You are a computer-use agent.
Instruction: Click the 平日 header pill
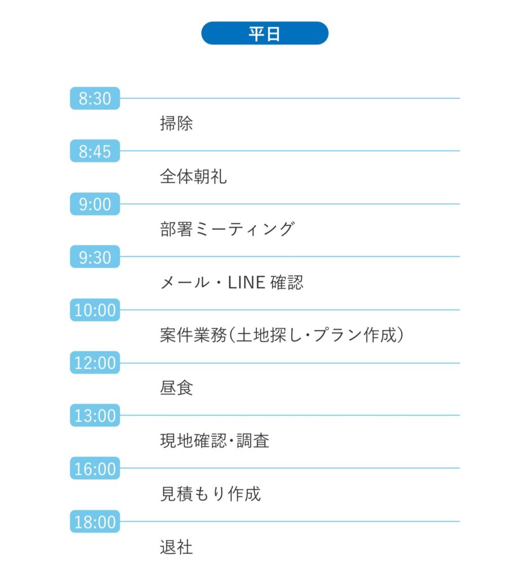point(265,33)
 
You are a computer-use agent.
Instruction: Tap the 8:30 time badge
point(95,98)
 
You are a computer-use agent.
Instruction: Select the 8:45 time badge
point(95,151)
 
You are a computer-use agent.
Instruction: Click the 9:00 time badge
point(95,204)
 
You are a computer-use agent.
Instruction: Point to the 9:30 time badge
point(95,257)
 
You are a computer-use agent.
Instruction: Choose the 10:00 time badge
point(95,310)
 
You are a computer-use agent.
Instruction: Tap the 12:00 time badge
point(95,363)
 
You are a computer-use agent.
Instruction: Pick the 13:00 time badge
point(95,415)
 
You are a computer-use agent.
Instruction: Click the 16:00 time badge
point(95,468)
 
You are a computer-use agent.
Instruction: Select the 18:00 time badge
point(95,522)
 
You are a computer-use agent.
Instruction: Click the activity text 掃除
point(176,124)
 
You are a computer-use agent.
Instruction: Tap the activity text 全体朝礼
point(193,176)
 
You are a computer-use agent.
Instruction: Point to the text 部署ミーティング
point(227,229)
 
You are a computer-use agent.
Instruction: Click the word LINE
point(247,283)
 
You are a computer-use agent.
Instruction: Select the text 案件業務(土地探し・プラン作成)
point(282,335)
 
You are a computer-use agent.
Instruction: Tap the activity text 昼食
point(176,388)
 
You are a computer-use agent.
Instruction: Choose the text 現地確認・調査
point(214,441)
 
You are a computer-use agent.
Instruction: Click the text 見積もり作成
point(211,494)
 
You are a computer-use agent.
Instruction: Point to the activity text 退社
point(176,547)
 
